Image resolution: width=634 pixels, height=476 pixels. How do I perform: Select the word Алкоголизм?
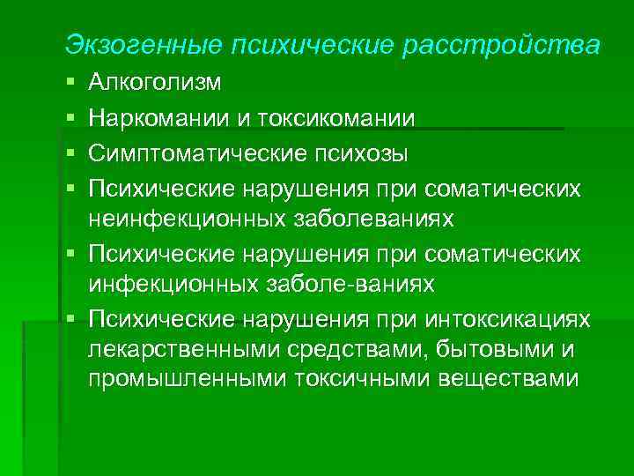click(156, 85)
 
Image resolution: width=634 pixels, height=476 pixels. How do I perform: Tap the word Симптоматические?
click(184, 153)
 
